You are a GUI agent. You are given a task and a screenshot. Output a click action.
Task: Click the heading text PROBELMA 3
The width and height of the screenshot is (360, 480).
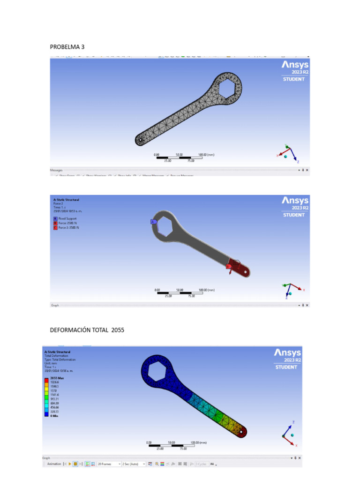point(67,46)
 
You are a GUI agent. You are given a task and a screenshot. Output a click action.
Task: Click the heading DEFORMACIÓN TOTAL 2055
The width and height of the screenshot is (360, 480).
point(87,330)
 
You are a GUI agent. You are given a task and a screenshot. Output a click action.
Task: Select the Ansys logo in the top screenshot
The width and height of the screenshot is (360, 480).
point(295,65)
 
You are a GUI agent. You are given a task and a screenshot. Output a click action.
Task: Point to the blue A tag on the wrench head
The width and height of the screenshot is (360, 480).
point(153,221)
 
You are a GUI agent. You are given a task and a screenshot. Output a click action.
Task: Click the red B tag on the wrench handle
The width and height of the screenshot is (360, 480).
point(228,266)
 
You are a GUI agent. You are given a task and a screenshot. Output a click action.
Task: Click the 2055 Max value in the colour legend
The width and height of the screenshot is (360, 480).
point(50,377)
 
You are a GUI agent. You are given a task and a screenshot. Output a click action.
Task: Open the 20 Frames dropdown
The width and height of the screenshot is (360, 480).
point(108,464)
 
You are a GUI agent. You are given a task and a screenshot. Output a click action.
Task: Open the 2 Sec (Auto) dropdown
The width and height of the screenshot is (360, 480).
point(133,464)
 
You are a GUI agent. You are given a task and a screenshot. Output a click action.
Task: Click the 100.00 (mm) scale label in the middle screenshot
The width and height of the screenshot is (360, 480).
point(207,290)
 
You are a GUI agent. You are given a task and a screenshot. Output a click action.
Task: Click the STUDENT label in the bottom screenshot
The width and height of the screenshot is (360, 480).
point(286,367)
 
